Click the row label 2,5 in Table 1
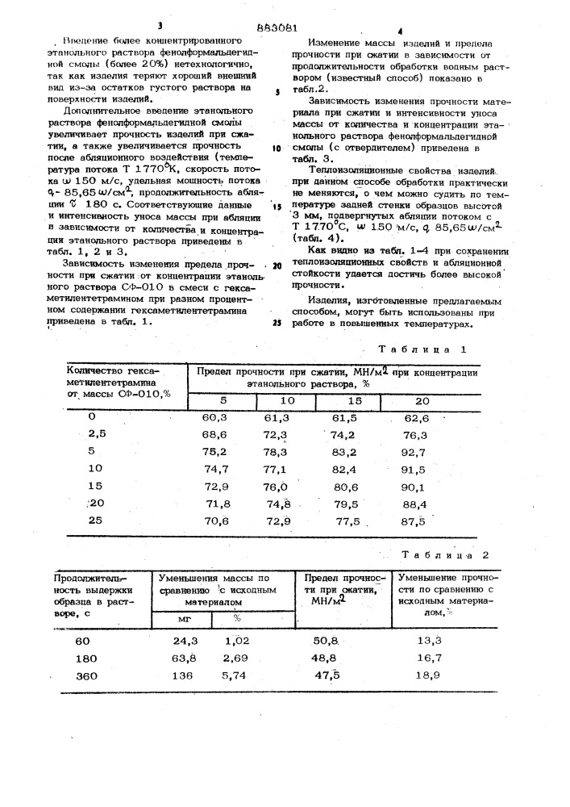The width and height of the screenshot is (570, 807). (x=98, y=434)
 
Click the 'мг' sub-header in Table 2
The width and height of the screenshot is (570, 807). (x=184, y=619)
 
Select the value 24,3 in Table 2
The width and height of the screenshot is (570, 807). (x=185, y=641)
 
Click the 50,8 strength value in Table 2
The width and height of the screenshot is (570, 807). (x=343, y=641)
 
